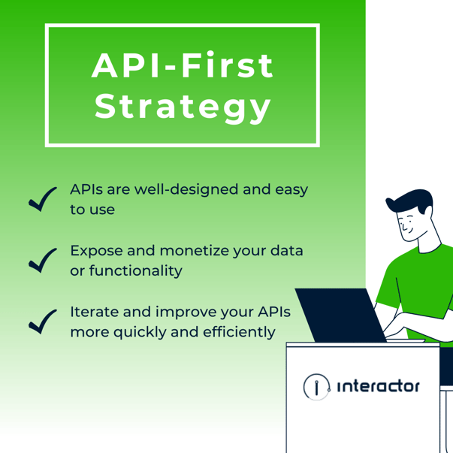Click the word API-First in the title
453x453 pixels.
click(183, 66)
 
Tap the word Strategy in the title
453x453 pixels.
click(183, 107)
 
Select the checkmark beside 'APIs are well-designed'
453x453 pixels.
click(43, 199)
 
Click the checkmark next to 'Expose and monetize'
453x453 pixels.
click(43, 259)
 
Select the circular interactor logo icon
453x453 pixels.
click(317, 387)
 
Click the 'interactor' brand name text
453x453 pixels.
click(379, 387)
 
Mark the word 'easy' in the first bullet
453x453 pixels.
click(290, 189)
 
